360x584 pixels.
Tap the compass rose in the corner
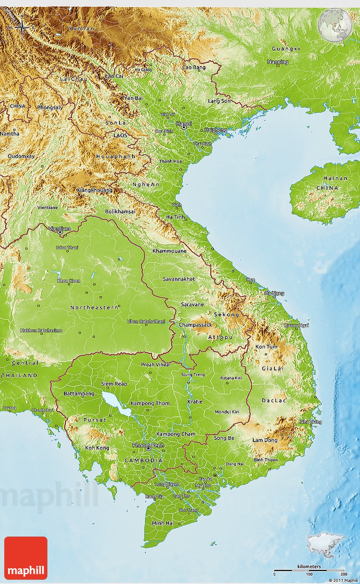(x=22, y=28)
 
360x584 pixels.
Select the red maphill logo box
(x=26, y=558)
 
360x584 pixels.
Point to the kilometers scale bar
(x=309, y=571)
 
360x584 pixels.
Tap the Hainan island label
(x=335, y=178)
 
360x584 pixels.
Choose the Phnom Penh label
(x=148, y=445)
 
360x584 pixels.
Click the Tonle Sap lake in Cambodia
(x=114, y=403)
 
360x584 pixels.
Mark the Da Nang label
(x=274, y=293)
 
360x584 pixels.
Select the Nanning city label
(x=278, y=62)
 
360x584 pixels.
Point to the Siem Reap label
(x=114, y=384)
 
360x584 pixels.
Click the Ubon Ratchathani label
(x=146, y=322)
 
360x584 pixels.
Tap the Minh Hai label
(x=163, y=523)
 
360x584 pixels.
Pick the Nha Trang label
(x=310, y=422)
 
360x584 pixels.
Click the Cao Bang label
(x=194, y=67)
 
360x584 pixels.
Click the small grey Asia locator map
(x=325, y=542)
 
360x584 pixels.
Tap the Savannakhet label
(x=179, y=279)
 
